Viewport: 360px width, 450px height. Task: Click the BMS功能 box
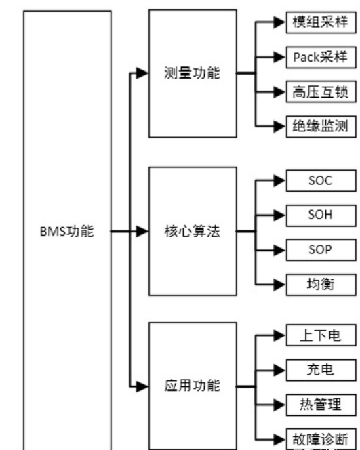[x=67, y=230]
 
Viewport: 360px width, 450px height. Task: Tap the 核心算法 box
[x=193, y=230]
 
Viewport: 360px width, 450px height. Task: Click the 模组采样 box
[x=319, y=22]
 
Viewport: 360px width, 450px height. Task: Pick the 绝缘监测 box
[x=319, y=125]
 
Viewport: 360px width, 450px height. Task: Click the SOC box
[x=319, y=180]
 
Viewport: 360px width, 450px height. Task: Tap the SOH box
[x=319, y=215]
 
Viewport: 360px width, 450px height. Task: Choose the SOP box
[x=319, y=249]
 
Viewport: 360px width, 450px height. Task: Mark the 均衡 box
[x=319, y=283]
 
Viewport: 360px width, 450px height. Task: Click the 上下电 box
[x=319, y=335]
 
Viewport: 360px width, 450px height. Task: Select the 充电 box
[x=319, y=369]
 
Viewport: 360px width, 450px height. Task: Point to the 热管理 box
[x=319, y=405]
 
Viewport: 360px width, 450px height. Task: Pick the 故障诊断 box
[x=319, y=439]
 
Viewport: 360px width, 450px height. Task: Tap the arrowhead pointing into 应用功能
[x=142, y=387]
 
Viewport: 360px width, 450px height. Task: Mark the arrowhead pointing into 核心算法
[x=142, y=231]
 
